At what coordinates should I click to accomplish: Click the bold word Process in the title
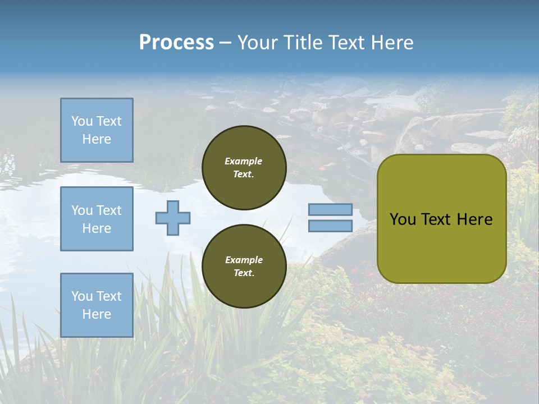(x=176, y=43)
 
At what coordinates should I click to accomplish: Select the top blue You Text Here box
(x=97, y=130)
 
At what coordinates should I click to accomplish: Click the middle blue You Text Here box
(x=97, y=219)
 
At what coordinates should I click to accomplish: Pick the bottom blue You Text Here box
(x=97, y=305)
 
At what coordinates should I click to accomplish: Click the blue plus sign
(x=173, y=218)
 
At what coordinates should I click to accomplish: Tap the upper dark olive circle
(x=244, y=168)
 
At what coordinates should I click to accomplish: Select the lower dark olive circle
(x=244, y=267)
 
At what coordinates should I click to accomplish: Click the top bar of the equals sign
(x=330, y=210)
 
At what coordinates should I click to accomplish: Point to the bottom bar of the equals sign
(x=330, y=226)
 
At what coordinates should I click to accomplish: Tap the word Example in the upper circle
(x=244, y=161)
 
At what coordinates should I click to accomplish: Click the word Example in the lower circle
(x=244, y=260)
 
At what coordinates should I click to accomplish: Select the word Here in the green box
(x=474, y=219)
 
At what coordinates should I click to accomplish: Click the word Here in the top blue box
(x=97, y=139)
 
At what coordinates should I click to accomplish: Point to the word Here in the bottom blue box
(x=97, y=314)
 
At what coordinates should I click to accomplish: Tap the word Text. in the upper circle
(x=244, y=175)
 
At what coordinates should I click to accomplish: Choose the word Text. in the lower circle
(x=244, y=273)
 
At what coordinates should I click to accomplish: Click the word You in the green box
(x=403, y=219)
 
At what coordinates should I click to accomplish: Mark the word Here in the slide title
(x=393, y=43)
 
